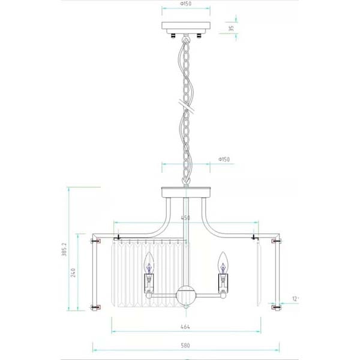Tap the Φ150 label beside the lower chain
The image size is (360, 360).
223,160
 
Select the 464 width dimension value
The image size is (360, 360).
186,328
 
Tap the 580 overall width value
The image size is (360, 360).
186,346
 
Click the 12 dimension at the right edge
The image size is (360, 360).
295,298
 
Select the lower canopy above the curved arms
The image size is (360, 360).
186,193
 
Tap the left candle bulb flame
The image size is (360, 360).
148,262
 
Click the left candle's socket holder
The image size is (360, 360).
148,281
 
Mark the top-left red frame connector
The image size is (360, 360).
95,241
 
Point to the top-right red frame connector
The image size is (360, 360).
277,241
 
